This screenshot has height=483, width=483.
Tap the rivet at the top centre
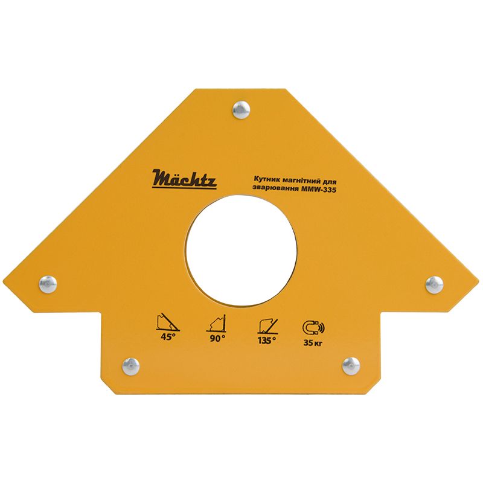pyautogui.click(x=241, y=109)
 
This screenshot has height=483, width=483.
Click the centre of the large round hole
pyautogui.click(x=241, y=250)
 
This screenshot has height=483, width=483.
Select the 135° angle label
pyautogui.click(x=266, y=339)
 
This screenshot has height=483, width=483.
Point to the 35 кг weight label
pyautogui.click(x=313, y=344)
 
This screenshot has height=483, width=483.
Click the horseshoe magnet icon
pyautogui.click(x=312, y=327)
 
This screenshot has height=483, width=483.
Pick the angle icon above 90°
pyautogui.click(x=217, y=324)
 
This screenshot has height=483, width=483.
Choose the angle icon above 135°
pyautogui.click(x=266, y=325)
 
